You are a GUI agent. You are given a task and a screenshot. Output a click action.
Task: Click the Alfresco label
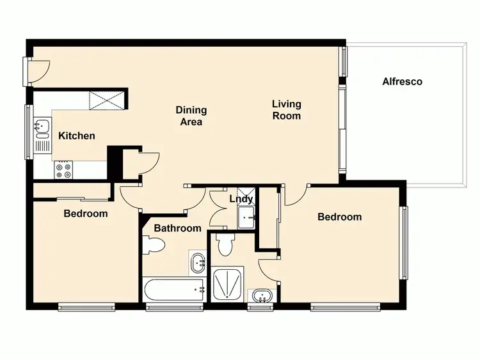click(402, 82)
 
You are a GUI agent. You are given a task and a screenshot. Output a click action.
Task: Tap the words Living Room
click(286, 109)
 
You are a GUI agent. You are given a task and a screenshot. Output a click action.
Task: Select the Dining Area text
click(191, 116)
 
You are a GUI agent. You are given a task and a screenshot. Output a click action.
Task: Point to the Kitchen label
click(77, 136)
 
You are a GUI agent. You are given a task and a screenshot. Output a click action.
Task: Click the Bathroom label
click(177, 228)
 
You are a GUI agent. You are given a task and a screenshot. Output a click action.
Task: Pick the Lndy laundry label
click(241, 200)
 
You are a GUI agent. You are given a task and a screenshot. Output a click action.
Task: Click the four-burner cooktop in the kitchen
click(63, 170)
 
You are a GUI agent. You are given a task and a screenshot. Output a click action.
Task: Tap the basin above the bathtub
click(198, 261)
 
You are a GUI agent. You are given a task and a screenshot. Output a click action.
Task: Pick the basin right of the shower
click(260, 296)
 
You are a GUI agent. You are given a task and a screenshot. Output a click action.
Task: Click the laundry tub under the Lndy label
click(246, 219)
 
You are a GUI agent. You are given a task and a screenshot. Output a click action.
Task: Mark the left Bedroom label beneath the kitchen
click(85, 214)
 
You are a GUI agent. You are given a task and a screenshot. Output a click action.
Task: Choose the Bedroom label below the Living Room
click(340, 217)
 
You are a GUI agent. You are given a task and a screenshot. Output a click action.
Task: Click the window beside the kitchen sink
click(28, 131)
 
